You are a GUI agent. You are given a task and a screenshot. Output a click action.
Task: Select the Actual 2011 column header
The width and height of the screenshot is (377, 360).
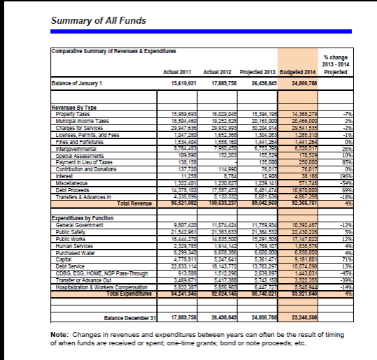click(x=176, y=72)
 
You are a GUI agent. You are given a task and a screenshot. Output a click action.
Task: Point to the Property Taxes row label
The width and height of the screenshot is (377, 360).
click(x=74, y=113)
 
